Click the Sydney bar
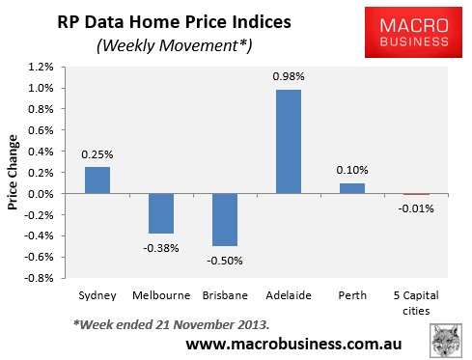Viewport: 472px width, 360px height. point(97,180)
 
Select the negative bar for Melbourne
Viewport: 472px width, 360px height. point(161,213)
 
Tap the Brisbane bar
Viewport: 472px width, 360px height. point(225,220)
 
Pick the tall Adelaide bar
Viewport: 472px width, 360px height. point(290,142)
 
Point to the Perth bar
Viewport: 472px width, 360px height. point(353,188)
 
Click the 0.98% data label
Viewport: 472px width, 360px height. point(290,79)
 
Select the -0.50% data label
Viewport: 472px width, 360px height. point(225,259)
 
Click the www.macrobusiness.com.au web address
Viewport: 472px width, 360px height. point(293,343)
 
